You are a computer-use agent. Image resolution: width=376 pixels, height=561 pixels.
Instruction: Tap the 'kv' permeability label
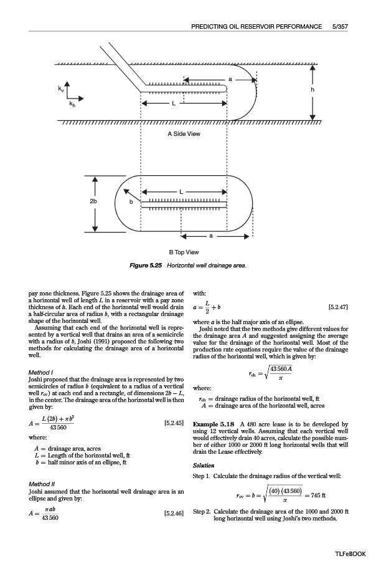(x=60, y=91)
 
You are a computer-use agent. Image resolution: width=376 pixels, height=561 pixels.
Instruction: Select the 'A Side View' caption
(x=184, y=133)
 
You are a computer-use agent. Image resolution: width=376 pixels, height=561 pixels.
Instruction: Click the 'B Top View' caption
(x=184, y=252)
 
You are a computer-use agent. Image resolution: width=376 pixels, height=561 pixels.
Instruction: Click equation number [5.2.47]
(x=337, y=307)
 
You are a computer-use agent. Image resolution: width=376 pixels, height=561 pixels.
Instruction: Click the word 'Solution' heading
(x=204, y=466)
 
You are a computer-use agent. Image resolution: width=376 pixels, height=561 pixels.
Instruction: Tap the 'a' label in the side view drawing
(x=230, y=79)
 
